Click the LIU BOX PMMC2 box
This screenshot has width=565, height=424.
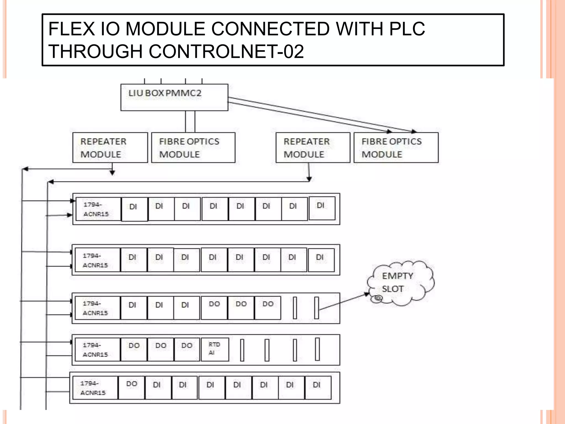tap(174, 97)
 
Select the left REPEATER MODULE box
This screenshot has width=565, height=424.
tap(110, 148)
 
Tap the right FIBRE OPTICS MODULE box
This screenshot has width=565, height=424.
tap(396, 148)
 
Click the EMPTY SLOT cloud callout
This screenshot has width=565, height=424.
tap(400, 283)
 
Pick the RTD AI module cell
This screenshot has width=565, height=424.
tap(215, 349)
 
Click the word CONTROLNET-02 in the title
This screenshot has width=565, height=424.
tap(226, 52)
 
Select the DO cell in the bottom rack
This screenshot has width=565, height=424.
tap(132, 387)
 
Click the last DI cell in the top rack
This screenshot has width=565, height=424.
tap(322, 208)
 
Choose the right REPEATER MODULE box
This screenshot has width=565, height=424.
tap(313, 148)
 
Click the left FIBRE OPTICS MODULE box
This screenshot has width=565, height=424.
tap(193, 148)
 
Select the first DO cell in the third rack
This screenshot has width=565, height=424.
tap(214, 308)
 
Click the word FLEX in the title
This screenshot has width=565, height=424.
tap(71, 29)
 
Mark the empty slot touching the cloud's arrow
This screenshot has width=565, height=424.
tap(317, 308)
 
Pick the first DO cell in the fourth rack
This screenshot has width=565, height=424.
tap(134, 349)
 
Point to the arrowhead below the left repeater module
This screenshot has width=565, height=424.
tap(112, 173)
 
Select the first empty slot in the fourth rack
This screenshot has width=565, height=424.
tap(242, 350)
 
